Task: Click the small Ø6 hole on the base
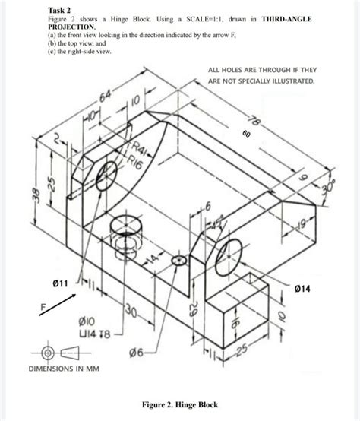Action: pos(179,260)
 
